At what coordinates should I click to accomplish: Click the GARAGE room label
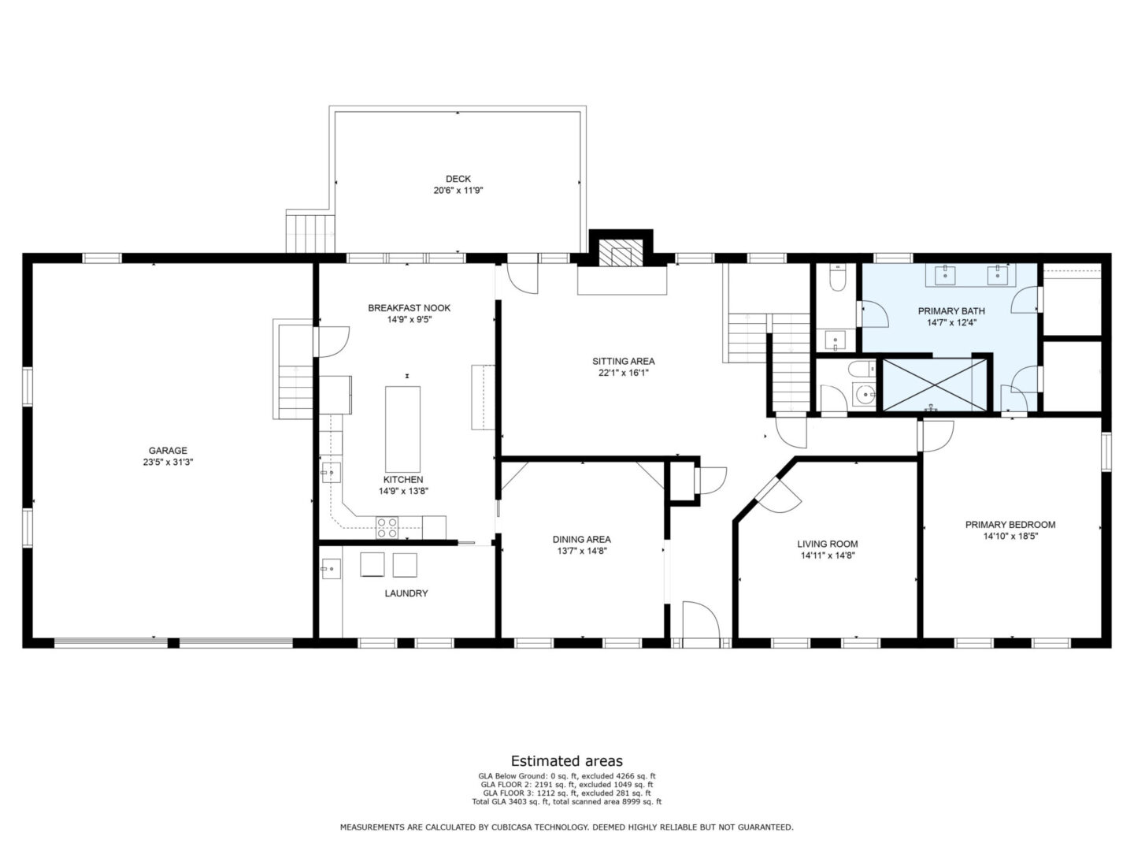pos(168,451)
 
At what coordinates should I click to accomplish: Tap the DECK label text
pos(458,179)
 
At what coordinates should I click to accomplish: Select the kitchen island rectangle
pos(402,429)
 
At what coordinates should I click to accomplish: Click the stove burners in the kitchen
pos(387,527)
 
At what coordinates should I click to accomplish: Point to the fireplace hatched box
pos(621,253)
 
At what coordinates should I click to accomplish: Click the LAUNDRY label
pos(406,593)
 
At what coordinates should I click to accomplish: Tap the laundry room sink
pos(331,569)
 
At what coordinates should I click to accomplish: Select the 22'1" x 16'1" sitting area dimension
pos(623,373)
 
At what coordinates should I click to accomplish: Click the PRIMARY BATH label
pos(951,311)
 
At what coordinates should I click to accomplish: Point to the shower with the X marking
pos(934,385)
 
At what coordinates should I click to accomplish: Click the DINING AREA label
pos(582,540)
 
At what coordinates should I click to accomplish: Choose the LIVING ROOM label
pos(827,544)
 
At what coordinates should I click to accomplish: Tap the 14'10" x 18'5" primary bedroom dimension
pos(1010,537)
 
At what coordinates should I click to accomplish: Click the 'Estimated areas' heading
pos(567,761)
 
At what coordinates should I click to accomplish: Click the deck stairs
pos(310,232)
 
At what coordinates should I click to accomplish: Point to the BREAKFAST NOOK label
pos(409,308)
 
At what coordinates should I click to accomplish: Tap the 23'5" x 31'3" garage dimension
pos(168,463)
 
